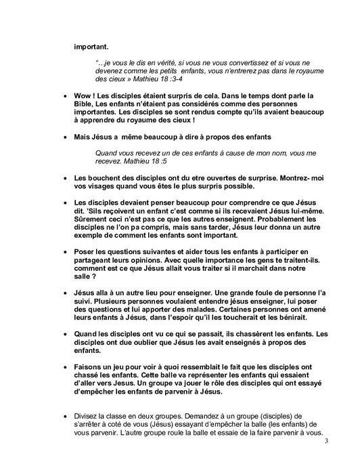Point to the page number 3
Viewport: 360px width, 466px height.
pyautogui.click(x=325, y=443)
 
